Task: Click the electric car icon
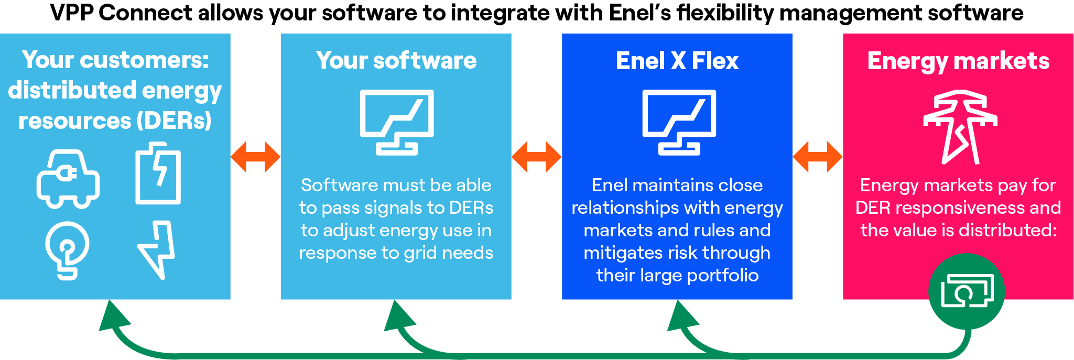click(x=68, y=179)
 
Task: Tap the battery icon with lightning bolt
click(x=158, y=173)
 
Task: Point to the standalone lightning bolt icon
click(x=157, y=249)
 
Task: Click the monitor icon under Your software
click(x=397, y=122)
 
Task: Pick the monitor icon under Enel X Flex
click(x=679, y=122)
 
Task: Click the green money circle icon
click(x=966, y=291)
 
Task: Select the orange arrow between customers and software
click(x=256, y=157)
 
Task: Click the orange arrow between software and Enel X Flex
click(x=537, y=157)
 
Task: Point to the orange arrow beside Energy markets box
click(x=818, y=157)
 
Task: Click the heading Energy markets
click(x=958, y=61)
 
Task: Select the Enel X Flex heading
click(x=677, y=61)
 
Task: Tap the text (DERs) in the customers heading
click(x=174, y=121)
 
